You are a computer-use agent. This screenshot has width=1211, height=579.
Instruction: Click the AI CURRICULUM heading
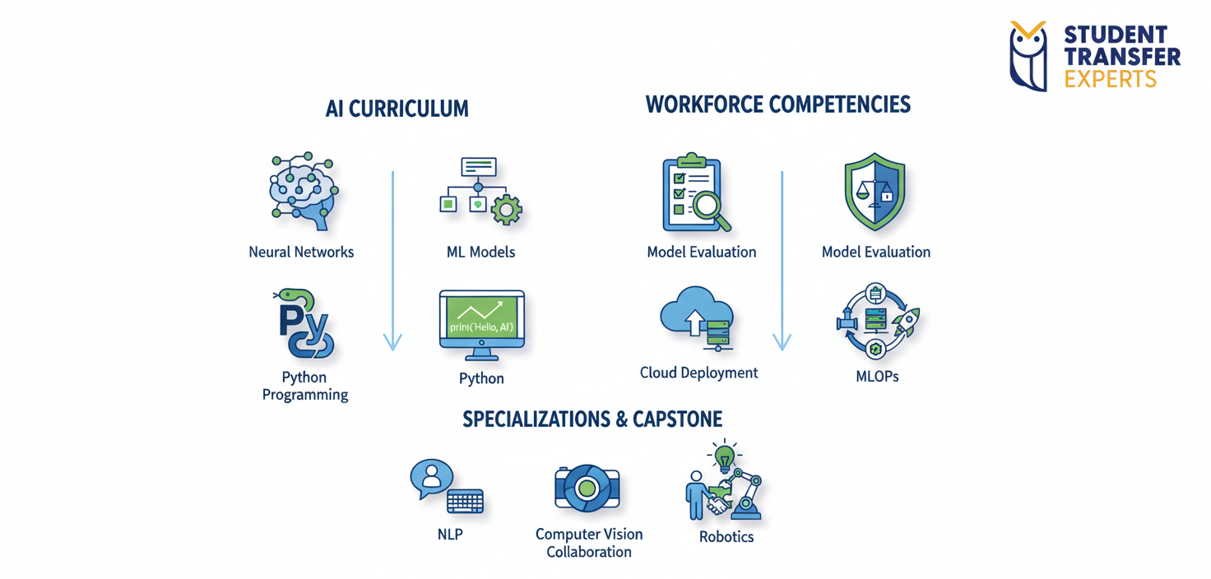(397, 109)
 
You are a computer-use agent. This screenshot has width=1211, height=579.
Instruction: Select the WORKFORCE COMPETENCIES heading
(777, 104)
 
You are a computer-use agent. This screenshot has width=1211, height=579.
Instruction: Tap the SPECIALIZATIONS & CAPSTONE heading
(592, 419)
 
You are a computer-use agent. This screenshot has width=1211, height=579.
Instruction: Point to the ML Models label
(480, 252)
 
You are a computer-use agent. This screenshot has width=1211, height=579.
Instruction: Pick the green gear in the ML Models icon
(505, 210)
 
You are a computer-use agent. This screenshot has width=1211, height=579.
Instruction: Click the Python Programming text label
(305, 386)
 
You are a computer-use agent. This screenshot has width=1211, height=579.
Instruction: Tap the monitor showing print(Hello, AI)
(481, 323)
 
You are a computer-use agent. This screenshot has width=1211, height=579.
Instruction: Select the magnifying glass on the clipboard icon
(710, 205)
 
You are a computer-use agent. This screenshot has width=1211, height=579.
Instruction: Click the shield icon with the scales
(875, 191)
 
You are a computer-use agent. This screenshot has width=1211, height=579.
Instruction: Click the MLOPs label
(877, 378)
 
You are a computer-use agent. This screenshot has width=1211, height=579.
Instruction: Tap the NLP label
(450, 535)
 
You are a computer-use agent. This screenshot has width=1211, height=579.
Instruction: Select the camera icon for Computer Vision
(587, 488)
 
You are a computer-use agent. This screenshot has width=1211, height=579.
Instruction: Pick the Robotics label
(726, 537)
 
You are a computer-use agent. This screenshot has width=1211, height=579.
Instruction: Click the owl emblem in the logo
(1028, 56)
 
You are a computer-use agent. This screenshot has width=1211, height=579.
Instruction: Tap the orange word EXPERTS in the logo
(1110, 79)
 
